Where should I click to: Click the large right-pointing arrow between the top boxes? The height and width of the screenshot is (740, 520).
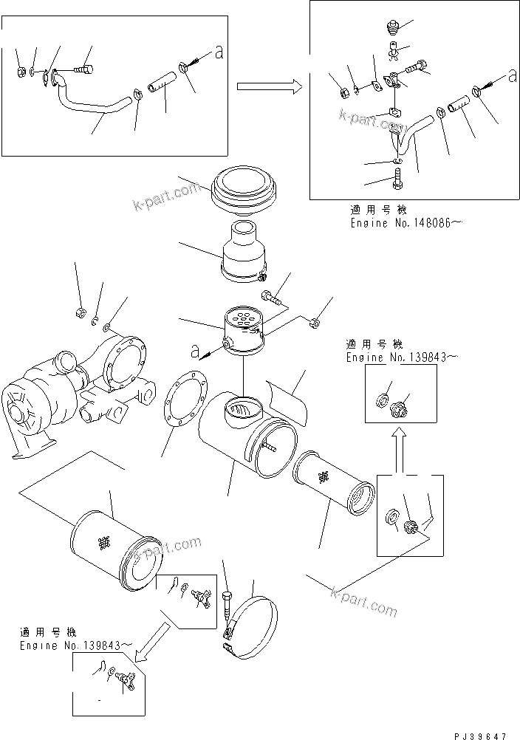tap(269, 87)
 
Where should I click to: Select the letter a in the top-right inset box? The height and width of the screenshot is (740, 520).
tap(512, 75)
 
